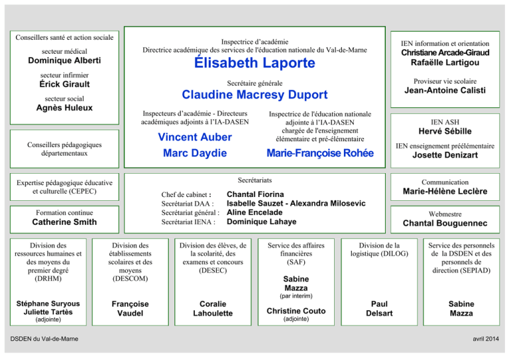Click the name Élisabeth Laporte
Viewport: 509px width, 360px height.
(x=254, y=62)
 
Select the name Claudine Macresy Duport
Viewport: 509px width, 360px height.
(x=254, y=94)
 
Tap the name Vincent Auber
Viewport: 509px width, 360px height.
(x=195, y=137)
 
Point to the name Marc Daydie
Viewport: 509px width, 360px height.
(x=195, y=153)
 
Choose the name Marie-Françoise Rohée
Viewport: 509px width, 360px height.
(x=320, y=153)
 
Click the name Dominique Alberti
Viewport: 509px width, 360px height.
(x=64, y=60)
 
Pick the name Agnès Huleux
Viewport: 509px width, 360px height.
(x=64, y=108)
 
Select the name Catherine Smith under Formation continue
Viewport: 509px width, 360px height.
(x=64, y=222)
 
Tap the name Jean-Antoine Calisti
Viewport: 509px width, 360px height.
(x=445, y=90)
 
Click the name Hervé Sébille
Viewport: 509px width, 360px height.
(x=445, y=131)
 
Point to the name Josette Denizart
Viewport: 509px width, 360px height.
(x=445, y=155)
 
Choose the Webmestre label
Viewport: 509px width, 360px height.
(x=445, y=214)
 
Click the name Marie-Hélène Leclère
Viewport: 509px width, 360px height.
(x=445, y=191)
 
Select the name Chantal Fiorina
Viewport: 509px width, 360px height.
(x=255, y=194)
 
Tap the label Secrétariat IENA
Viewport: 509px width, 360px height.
(x=188, y=222)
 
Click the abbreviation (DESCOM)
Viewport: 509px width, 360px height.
(x=130, y=278)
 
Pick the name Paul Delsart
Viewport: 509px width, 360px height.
(x=379, y=309)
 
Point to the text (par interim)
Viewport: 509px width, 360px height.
(x=296, y=296)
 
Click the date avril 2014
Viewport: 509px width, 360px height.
(x=486, y=339)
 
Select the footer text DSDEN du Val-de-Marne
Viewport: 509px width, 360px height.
(x=44, y=339)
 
